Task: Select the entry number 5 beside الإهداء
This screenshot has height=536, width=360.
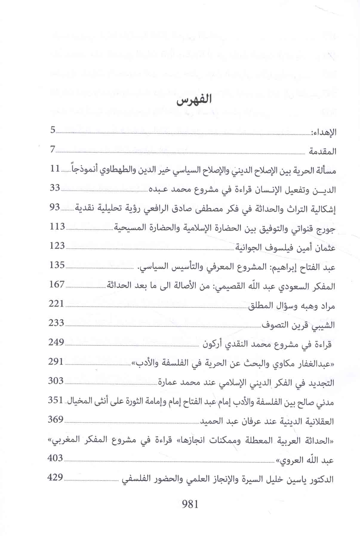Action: (x=53, y=130)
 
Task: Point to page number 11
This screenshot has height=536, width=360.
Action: (x=55, y=169)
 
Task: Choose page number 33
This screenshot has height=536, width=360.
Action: (x=55, y=188)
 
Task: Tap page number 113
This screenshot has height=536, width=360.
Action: (x=57, y=226)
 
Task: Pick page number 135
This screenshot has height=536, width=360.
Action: (x=57, y=265)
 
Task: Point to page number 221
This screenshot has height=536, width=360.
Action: (x=56, y=304)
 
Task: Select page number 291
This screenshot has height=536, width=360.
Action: (x=56, y=362)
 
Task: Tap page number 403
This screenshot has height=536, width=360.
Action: (x=55, y=458)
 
